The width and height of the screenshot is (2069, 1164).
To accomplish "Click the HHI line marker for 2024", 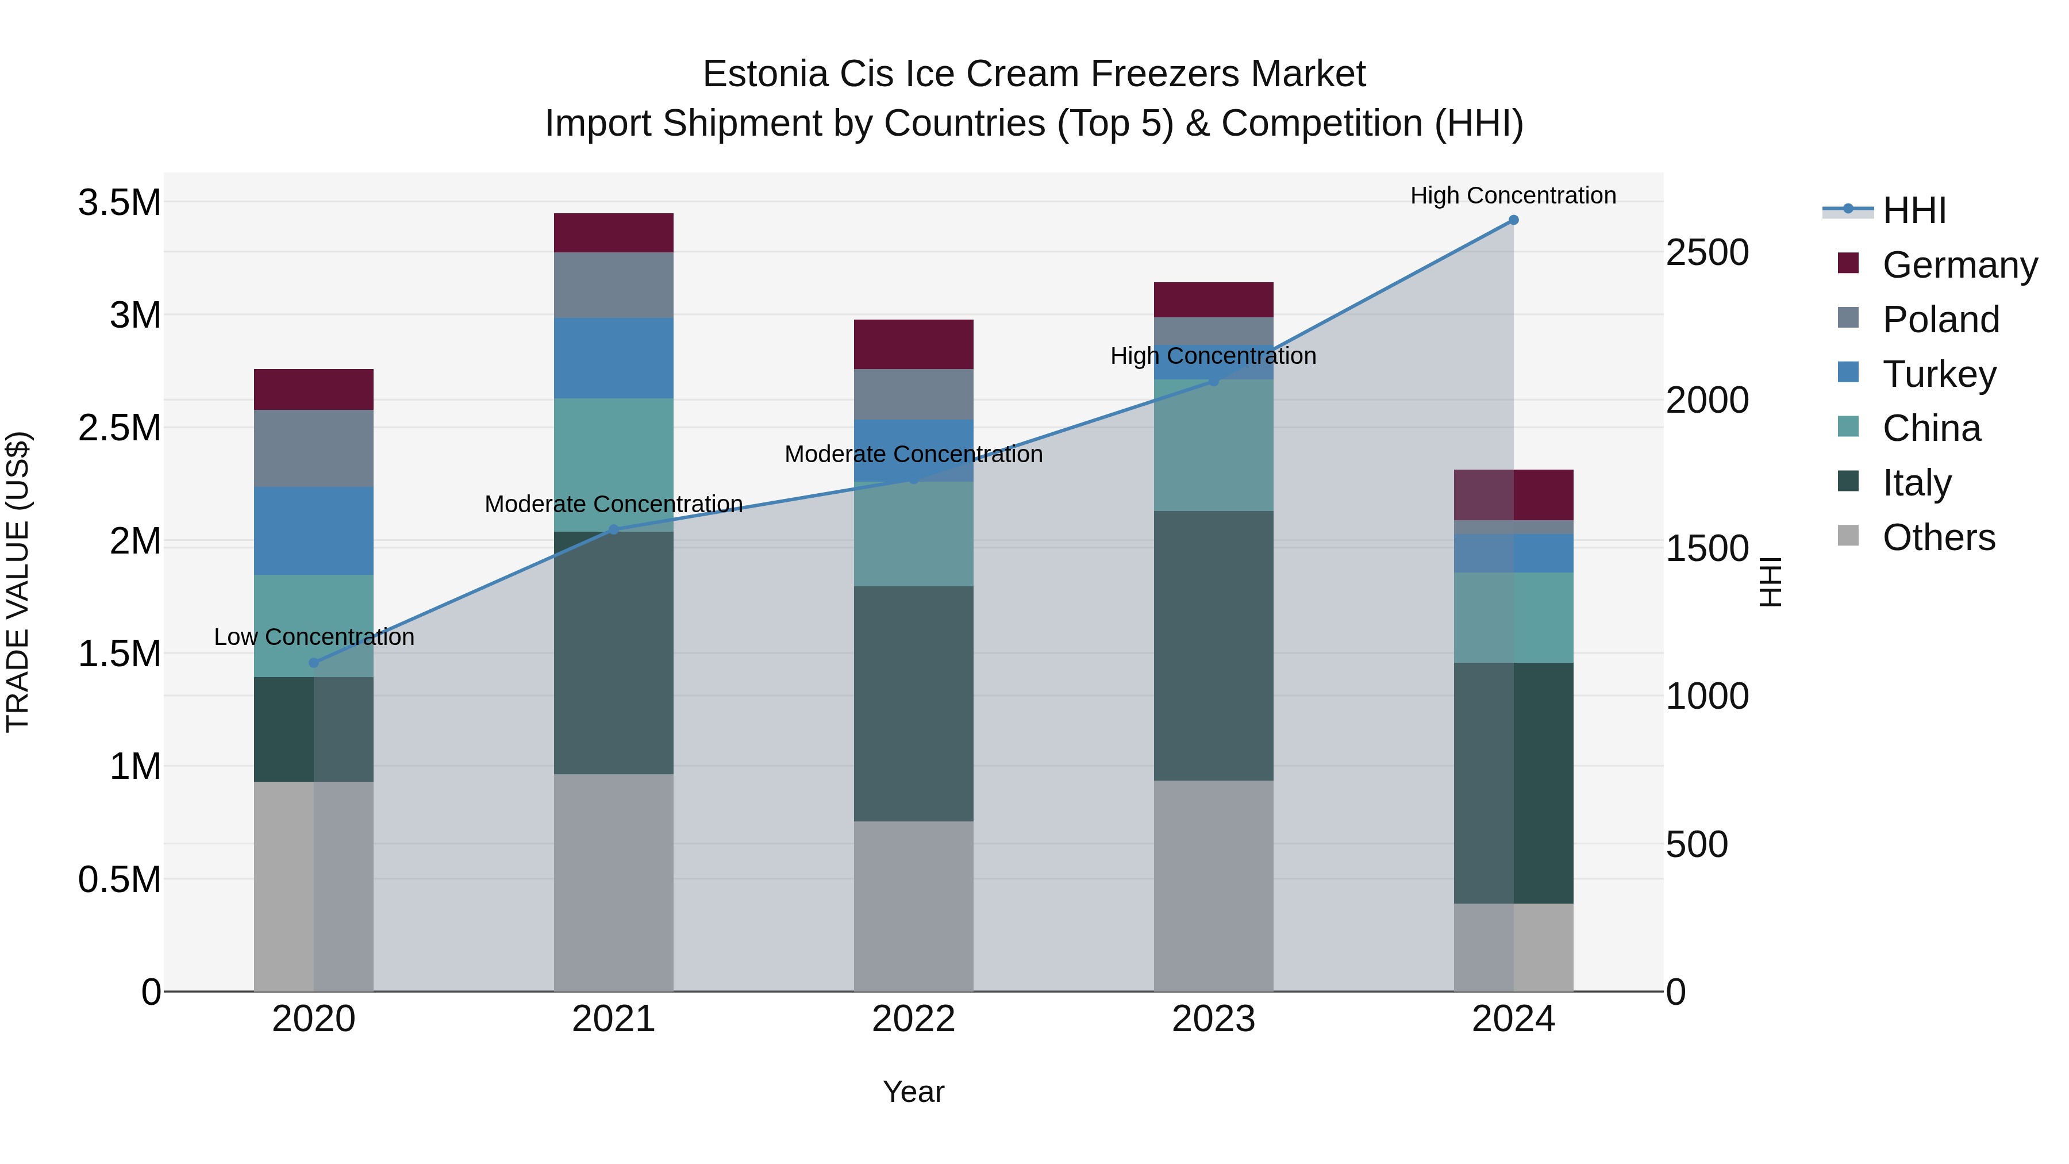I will (x=1513, y=220).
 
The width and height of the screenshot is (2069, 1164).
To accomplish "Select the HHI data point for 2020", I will (x=314, y=663).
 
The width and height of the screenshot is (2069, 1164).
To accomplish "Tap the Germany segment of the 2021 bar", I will (x=614, y=233).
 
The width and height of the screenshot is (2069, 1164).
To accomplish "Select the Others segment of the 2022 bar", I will (x=913, y=905).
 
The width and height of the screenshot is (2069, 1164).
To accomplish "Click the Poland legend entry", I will (x=1940, y=320).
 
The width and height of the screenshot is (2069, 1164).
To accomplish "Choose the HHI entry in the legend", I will (x=1913, y=210).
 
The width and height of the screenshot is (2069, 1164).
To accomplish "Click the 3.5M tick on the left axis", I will (x=120, y=202).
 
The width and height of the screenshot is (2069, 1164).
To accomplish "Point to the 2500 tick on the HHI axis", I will (x=1707, y=252).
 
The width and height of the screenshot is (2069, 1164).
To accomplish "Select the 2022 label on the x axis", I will (x=913, y=1019).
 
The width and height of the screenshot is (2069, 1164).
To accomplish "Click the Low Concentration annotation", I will (x=314, y=637).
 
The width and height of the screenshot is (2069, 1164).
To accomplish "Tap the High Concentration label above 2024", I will (x=1513, y=195).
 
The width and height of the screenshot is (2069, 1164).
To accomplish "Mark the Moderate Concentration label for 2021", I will (x=614, y=504).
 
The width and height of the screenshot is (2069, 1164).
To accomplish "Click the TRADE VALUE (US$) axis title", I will (x=18, y=582).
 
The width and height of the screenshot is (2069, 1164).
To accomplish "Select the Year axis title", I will (x=913, y=1092).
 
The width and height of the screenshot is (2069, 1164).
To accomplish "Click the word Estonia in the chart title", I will (x=766, y=74).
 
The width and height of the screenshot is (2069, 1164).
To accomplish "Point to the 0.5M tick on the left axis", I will (x=120, y=879).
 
